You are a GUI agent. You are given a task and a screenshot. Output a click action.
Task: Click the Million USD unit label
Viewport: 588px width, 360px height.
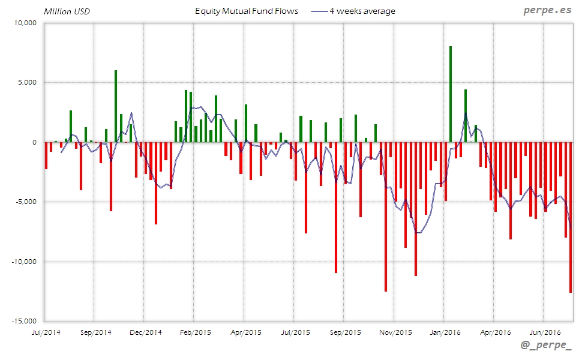[67, 11]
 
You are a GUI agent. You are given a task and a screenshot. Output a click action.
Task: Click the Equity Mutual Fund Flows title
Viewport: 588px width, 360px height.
[246, 11]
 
